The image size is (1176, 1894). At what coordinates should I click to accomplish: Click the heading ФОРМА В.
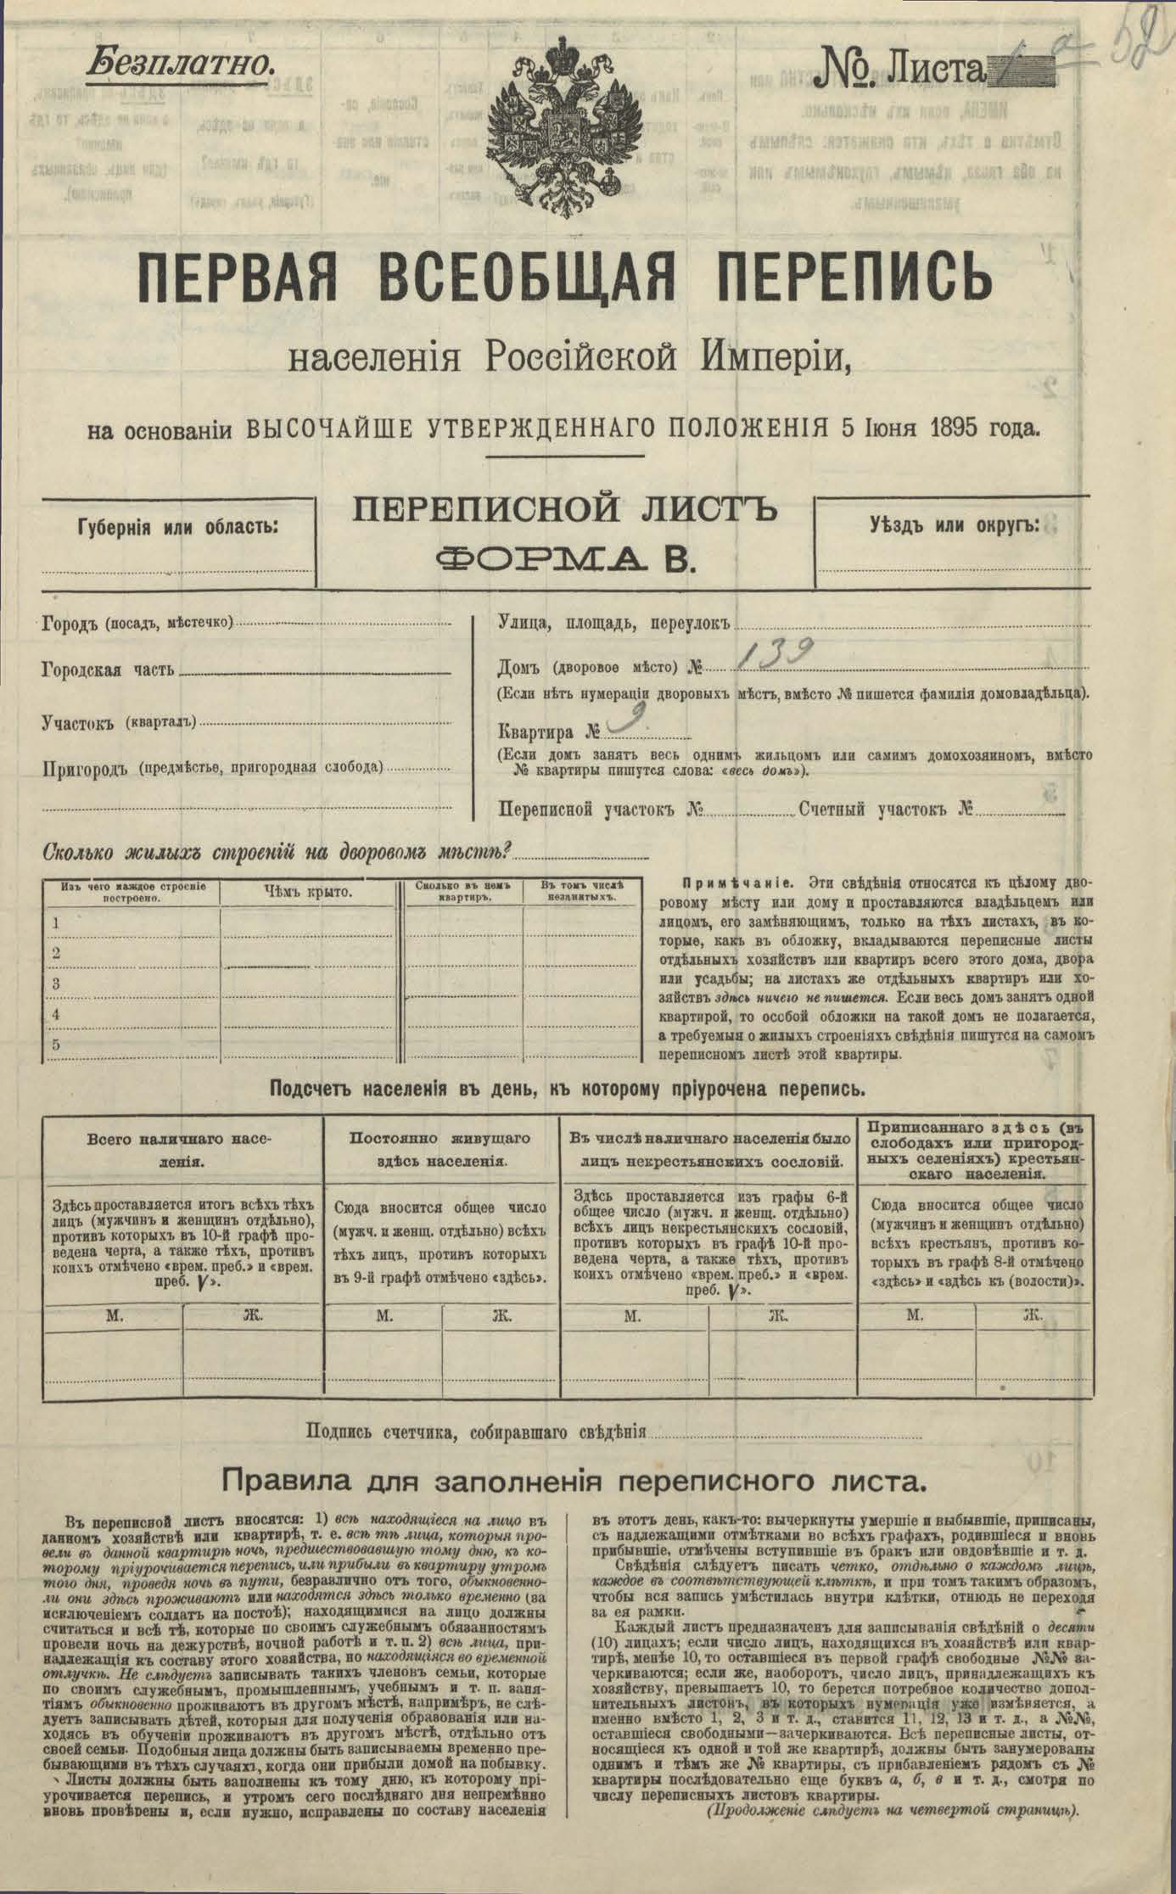(x=563, y=557)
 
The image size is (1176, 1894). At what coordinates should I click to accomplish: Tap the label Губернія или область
(x=179, y=526)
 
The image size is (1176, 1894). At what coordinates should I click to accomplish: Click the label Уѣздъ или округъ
(x=954, y=524)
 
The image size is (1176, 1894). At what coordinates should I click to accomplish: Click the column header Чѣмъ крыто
(x=308, y=892)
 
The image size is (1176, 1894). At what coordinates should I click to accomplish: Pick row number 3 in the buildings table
(x=56, y=983)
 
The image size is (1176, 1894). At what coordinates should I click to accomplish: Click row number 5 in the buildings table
(x=56, y=1045)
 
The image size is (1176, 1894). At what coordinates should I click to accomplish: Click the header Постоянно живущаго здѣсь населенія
(x=441, y=1149)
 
